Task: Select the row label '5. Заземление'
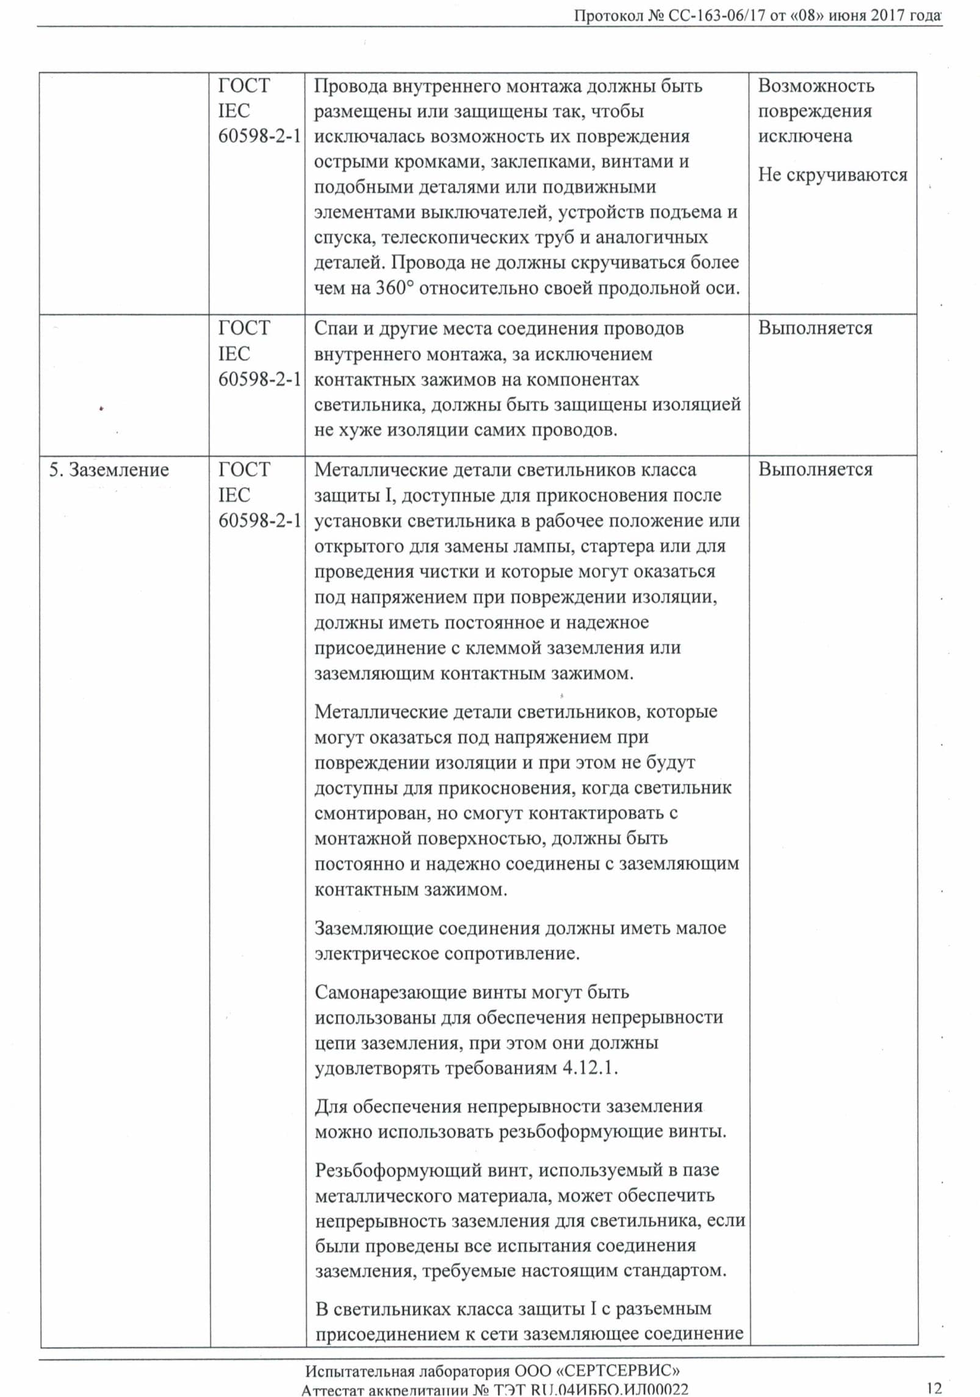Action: pos(109,470)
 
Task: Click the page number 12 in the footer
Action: pos(934,1388)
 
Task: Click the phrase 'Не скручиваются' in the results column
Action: pos(833,175)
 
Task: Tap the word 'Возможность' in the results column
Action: pos(816,86)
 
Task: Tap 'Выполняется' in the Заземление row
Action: pos(815,470)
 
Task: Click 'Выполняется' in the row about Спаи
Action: pos(815,329)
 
